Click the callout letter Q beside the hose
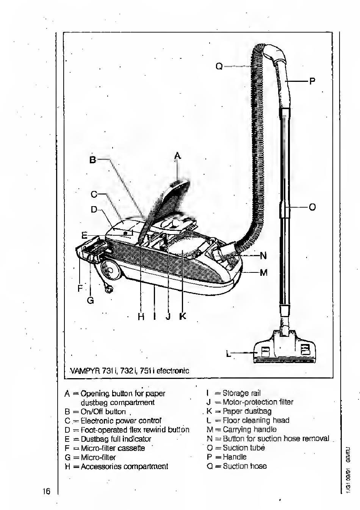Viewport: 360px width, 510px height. pos(219,66)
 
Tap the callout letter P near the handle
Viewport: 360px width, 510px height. pos(312,81)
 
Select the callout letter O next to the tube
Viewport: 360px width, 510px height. pos(312,207)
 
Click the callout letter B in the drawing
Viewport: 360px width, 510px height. pos(93,160)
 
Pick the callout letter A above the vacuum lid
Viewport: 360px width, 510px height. pos(178,155)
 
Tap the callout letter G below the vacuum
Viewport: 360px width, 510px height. pos(90,300)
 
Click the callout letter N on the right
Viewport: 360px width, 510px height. pos(263,255)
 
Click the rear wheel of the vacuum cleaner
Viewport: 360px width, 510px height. pos(111,271)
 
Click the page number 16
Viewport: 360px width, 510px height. pos(46,492)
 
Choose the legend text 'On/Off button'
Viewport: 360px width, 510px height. pos(103,411)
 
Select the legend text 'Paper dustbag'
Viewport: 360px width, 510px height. pos(247,411)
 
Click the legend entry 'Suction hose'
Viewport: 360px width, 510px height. pos(244,466)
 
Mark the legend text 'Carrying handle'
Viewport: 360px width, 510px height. pos(249,429)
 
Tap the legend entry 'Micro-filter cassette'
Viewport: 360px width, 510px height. pos(113,448)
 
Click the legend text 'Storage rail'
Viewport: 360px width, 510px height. pos(241,393)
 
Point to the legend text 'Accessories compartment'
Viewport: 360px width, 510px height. pos(124,466)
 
